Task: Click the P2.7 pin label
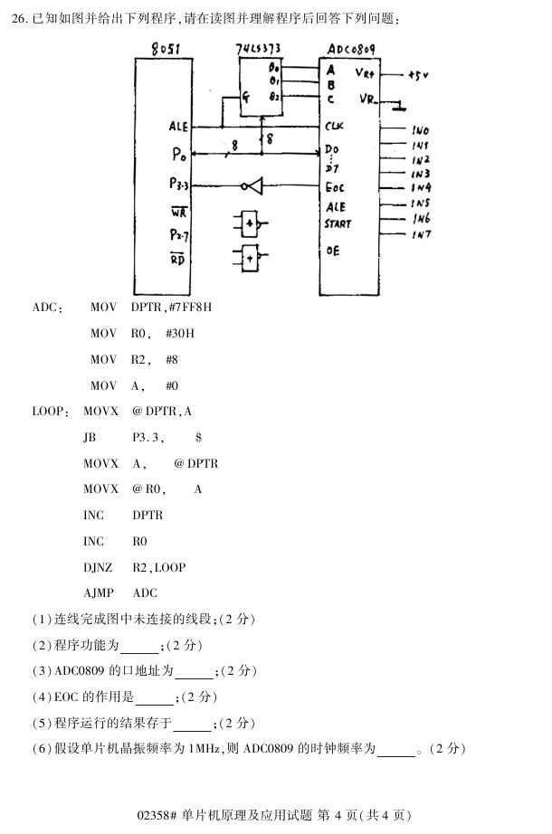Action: click(x=178, y=234)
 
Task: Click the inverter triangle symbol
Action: click(x=253, y=187)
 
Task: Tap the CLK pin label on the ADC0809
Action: click(x=334, y=127)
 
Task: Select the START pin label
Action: click(x=338, y=223)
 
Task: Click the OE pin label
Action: click(x=332, y=251)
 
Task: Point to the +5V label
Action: click(x=419, y=76)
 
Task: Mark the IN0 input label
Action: click(x=420, y=130)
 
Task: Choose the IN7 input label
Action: click(x=420, y=235)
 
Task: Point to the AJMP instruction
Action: click(x=97, y=593)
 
